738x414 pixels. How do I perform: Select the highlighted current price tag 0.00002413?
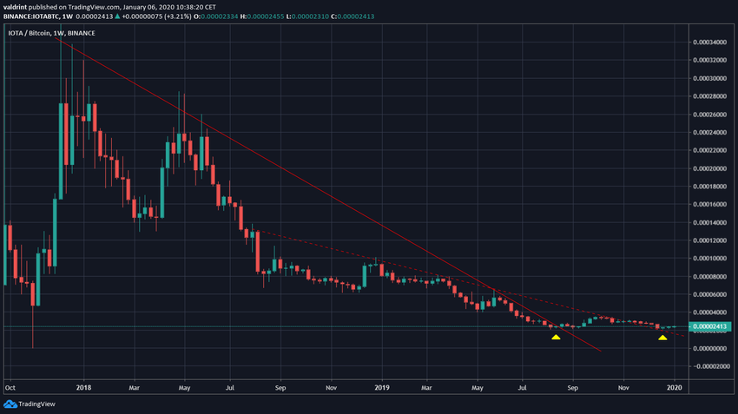(x=709, y=326)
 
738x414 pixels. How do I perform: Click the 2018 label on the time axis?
(x=83, y=388)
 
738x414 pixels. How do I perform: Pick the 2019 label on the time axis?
(x=382, y=388)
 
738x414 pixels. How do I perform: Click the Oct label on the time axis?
(x=10, y=388)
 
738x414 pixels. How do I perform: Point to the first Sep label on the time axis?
(x=280, y=388)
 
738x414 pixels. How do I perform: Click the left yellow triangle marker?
(x=556, y=337)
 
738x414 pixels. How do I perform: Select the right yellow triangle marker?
(x=662, y=337)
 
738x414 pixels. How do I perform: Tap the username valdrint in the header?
(x=17, y=5)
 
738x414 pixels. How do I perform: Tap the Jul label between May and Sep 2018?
(x=230, y=388)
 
